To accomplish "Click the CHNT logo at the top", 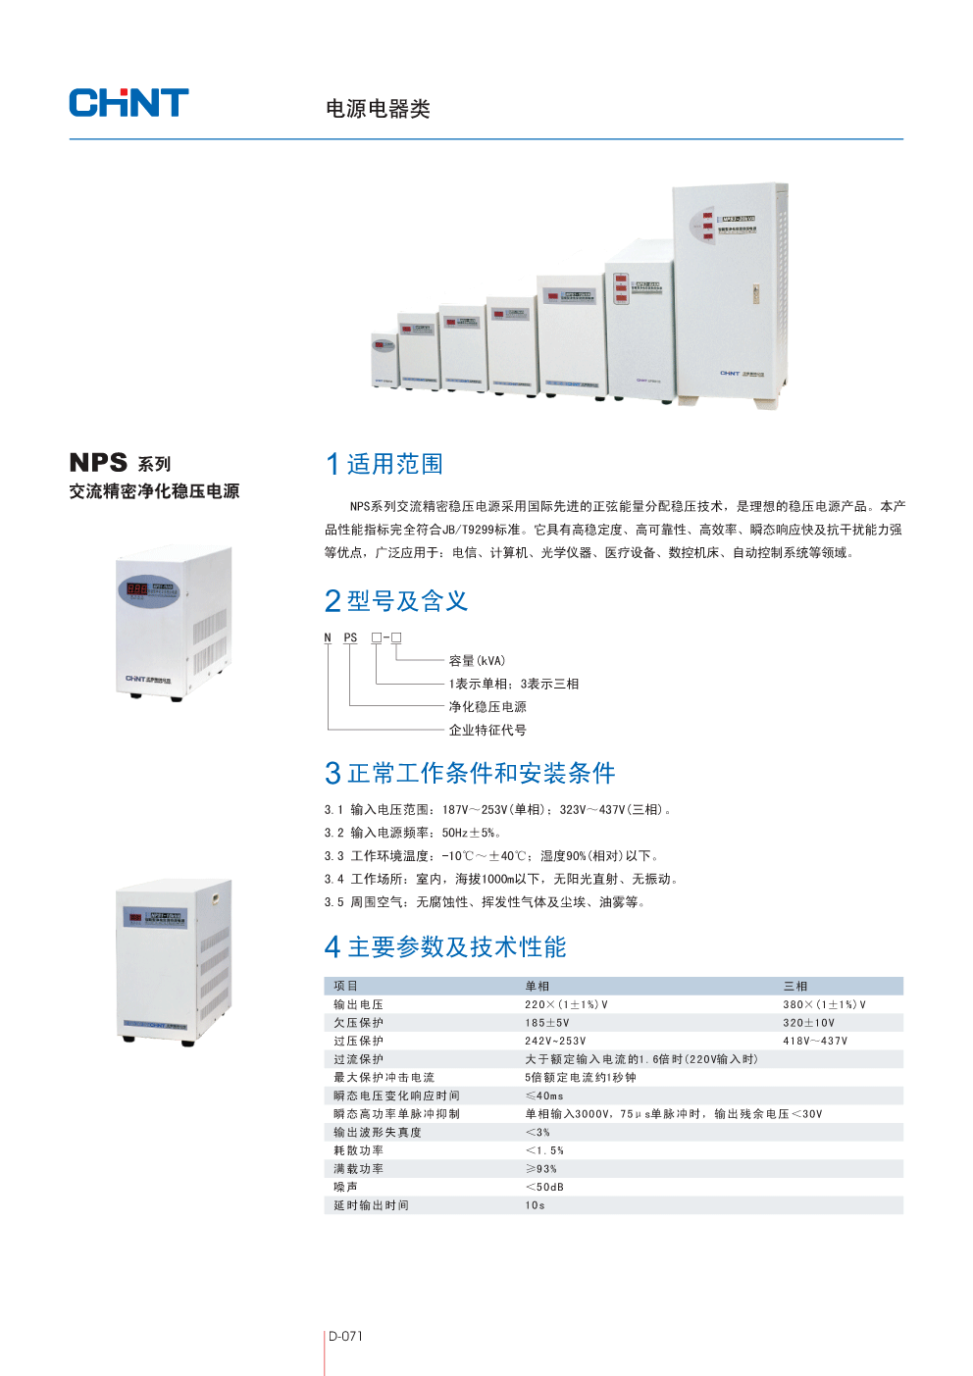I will click(128, 103).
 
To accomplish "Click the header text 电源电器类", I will click(378, 109).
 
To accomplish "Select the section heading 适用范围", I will click(394, 464).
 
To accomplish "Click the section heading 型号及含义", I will click(407, 601).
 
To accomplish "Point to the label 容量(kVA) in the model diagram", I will click(477, 661).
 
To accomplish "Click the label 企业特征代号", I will click(487, 731).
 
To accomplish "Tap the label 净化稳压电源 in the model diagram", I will click(487, 707).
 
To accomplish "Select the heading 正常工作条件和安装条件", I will click(481, 774).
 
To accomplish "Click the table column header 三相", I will click(795, 987).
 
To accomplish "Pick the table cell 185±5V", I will click(546, 1023).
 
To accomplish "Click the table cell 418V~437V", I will click(815, 1042).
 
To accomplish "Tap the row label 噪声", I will click(345, 1188).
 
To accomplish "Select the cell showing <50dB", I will click(544, 1188).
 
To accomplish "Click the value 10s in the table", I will click(535, 1206).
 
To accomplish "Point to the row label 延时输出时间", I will click(371, 1206).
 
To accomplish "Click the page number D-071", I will click(345, 1337).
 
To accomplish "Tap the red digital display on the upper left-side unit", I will click(136, 589).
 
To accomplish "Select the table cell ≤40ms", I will click(544, 1096).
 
